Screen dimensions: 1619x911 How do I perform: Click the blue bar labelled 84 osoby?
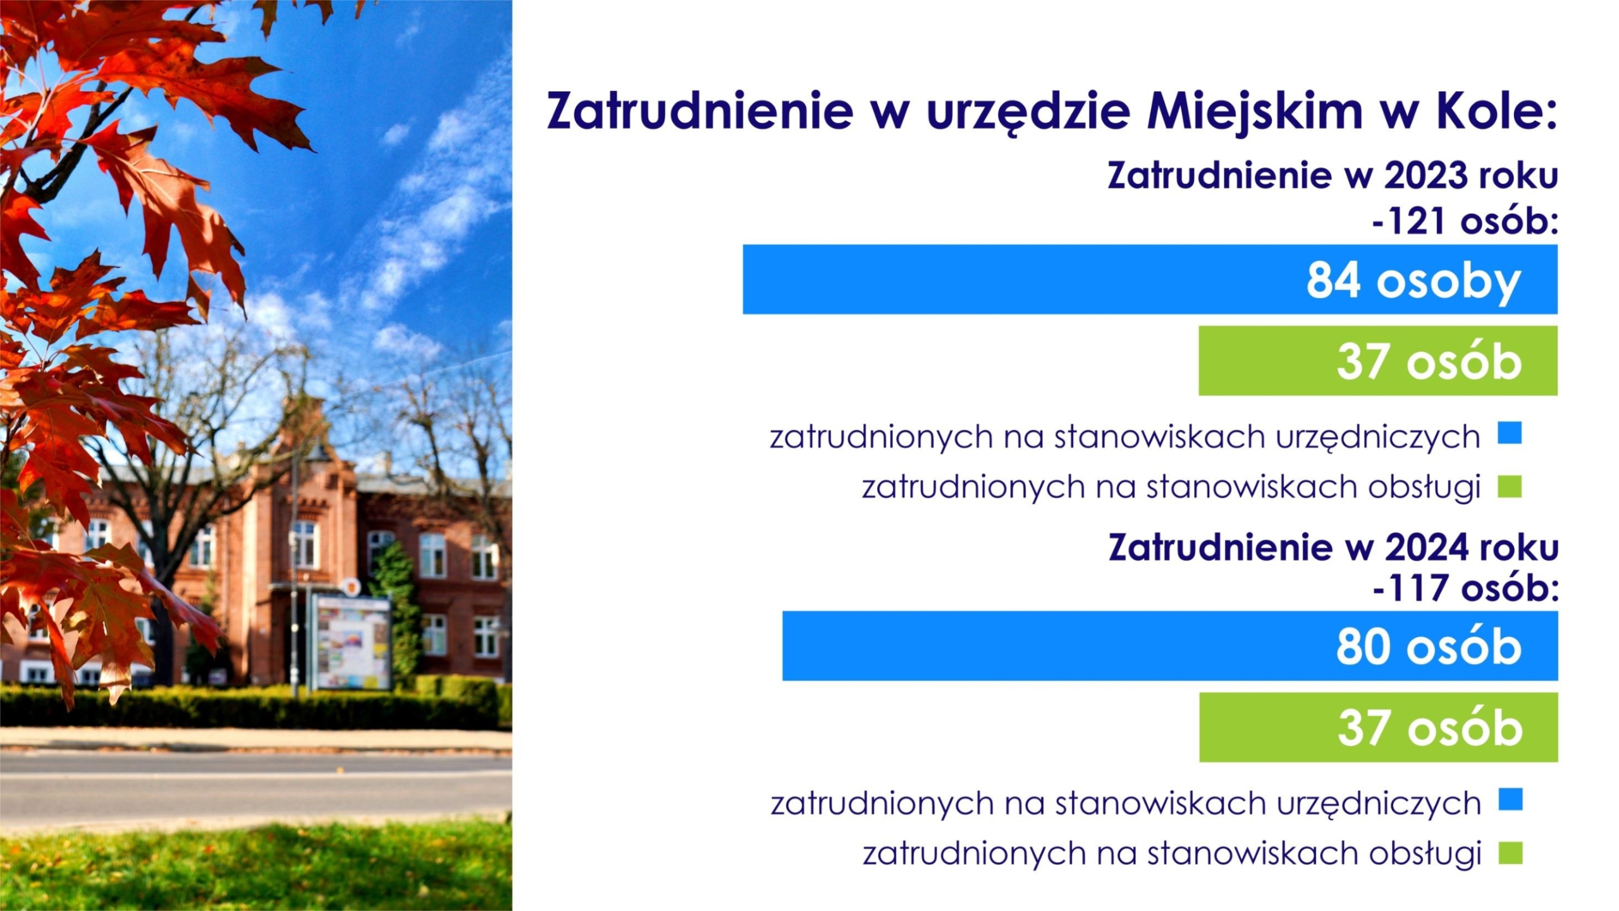coord(1150,279)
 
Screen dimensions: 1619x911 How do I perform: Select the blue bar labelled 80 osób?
coord(1170,646)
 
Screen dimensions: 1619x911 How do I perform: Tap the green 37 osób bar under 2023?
coord(1378,361)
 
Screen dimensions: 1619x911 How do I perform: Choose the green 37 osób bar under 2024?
coord(1379,727)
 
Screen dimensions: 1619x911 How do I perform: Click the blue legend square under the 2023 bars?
coord(1510,434)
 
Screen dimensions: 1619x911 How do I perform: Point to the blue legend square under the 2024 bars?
coord(1510,800)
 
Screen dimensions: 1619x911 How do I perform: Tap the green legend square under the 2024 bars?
coord(1510,853)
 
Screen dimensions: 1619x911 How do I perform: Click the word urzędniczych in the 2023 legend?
coord(1378,438)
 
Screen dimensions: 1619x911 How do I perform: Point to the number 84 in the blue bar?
coord(1333,280)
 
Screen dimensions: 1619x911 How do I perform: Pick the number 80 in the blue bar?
coord(1363,647)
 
